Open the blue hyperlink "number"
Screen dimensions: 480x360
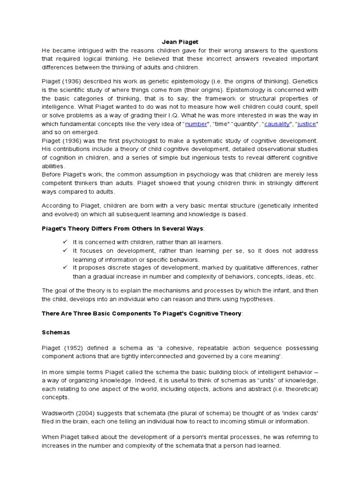(x=196, y=124)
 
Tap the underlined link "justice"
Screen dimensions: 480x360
(x=307, y=124)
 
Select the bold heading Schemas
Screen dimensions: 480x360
(x=55, y=332)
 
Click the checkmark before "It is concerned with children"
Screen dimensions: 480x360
(x=65, y=242)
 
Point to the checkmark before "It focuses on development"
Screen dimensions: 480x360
(x=65, y=251)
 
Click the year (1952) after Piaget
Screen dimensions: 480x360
(x=74, y=348)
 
